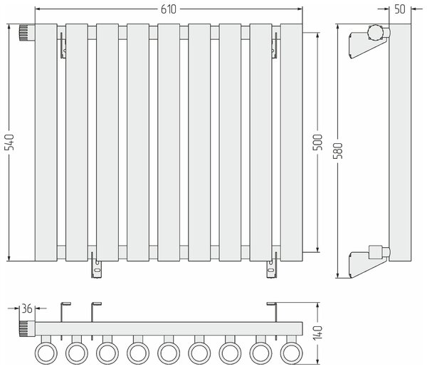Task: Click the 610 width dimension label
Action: click(x=169, y=9)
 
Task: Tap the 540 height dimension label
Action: click(x=10, y=142)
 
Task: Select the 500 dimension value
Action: click(x=317, y=142)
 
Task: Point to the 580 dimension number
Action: click(x=339, y=150)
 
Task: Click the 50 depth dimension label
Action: click(x=400, y=9)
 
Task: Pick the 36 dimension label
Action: click(x=27, y=308)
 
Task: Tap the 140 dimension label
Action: click(x=317, y=333)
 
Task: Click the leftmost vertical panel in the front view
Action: click(x=46, y=142)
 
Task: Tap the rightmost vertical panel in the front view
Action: click(x=291, y=142)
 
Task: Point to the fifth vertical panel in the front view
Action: click(x=169, y=142)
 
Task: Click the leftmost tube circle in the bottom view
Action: click(x=46, y=353)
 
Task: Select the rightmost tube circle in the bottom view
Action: click(x=291, y=353)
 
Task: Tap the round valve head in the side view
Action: click(x=375, y=33)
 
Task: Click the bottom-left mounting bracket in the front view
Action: click(x=96, y=265)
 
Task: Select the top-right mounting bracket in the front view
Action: click(x=275, y=46)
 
